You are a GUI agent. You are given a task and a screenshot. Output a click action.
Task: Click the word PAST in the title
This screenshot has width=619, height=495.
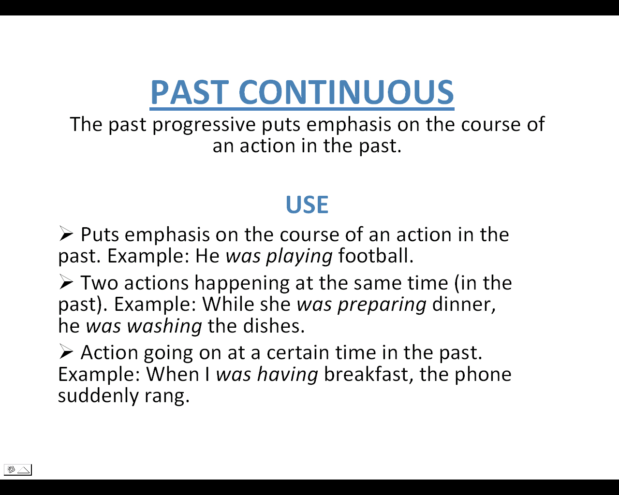click(190, 92)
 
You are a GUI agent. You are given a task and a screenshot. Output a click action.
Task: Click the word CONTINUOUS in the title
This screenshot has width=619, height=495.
click(346, 92)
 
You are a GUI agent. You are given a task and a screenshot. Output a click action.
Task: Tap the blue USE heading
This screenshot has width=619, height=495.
click(307, 204)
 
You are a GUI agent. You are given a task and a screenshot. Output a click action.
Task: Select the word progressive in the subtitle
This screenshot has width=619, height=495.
click(204, 125)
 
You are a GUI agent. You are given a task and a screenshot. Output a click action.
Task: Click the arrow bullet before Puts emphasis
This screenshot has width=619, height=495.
click(66, 233)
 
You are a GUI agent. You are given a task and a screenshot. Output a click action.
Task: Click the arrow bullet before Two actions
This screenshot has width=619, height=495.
click(66, 282)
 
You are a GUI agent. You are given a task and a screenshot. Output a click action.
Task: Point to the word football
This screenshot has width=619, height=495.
click(376, 255)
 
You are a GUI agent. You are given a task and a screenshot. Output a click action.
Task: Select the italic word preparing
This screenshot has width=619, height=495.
click(382, 305)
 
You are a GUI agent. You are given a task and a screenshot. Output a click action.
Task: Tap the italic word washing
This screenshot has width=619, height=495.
click(164, 326)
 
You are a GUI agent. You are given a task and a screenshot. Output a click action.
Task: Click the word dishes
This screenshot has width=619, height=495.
click(274, 326)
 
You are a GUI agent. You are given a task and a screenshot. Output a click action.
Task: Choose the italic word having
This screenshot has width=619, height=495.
click(287, 375)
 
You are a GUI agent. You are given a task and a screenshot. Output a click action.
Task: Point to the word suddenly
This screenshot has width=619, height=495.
click(98, 396)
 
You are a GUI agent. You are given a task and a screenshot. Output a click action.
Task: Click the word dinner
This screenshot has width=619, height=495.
click(464, 305)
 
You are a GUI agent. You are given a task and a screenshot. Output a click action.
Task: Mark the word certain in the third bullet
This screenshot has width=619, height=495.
click(298, 352)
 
